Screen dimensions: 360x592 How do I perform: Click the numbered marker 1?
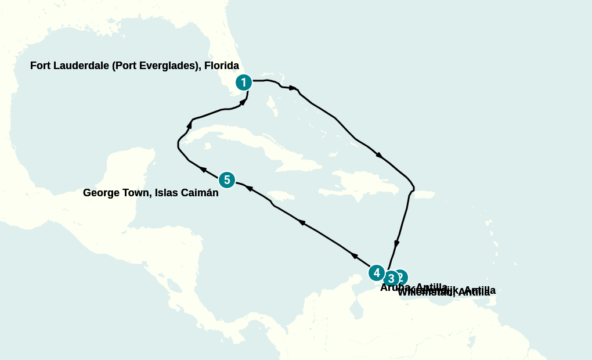(x=244, y=82)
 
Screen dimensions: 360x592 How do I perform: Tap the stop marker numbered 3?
(x=391, y=278)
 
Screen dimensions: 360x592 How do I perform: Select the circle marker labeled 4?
(x=377, y=272)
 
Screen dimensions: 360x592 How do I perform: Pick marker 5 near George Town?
(x=227, y=180)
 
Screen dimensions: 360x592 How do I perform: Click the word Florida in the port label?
(x=221, y=66)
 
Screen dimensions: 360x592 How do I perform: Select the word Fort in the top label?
(x=41, y=66)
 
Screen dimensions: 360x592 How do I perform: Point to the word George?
(x=101, y=193)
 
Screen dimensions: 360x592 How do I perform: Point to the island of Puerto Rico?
(x=424, y=194)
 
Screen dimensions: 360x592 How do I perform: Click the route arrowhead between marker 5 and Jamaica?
(x=250, y=188)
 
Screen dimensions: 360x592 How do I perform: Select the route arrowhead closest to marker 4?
(x=354, y=255)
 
